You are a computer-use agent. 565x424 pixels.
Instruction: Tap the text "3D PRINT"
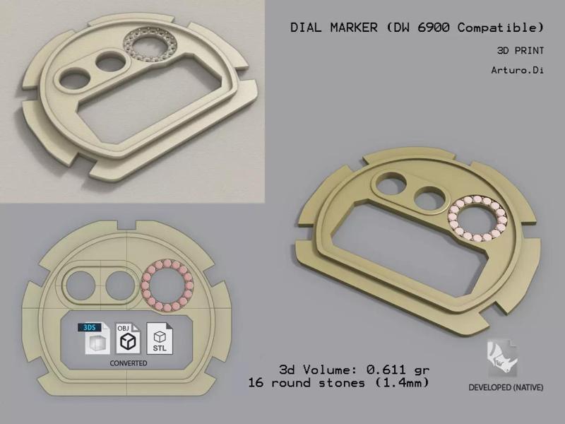click(521, 52)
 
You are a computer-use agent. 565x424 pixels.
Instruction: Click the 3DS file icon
click(94, 338)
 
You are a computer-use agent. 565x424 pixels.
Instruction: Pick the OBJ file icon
click(127, 338)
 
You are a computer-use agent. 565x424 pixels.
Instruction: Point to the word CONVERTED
click(128, 363)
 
